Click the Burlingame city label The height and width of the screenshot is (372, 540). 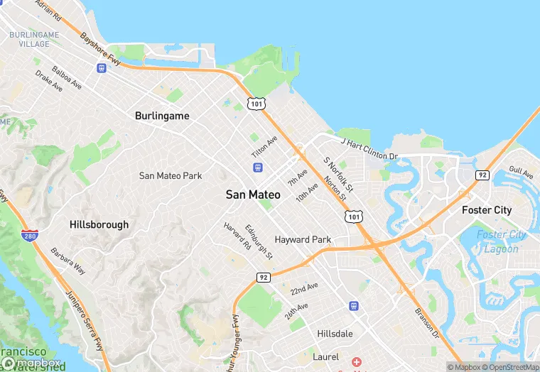point(162,115)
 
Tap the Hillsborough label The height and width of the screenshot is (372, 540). point(99,224)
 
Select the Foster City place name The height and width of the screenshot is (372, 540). point(486,210)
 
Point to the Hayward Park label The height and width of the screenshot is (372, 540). point(303,240)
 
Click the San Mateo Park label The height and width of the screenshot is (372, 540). point(171,175)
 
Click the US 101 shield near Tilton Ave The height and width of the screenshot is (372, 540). point(256,104)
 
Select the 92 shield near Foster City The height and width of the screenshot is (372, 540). point(482,175)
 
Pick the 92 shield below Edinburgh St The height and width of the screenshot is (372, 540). point(263,276)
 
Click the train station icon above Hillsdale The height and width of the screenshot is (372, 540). point(353,305)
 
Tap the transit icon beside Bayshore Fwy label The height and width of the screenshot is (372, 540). point(102,68)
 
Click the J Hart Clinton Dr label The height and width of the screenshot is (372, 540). point(369,148)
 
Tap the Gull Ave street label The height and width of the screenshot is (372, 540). point(521,173)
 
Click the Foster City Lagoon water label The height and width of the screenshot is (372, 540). point(501,241)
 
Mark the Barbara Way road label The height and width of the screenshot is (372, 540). point(68,261)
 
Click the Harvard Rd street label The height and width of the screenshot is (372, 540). point(237,236)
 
